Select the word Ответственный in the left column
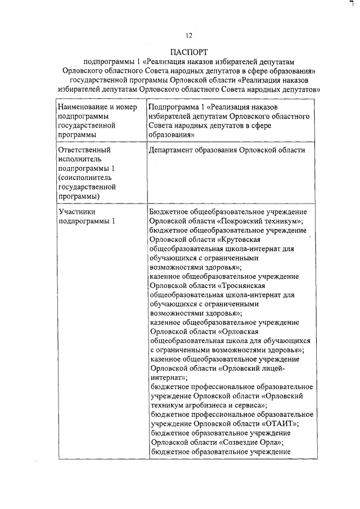pyautogui.click(x=85, y=150)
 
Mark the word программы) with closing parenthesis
pyautogui.click(x=79, y=196)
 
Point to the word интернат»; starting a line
pyautogui.click(x=169, y=377)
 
